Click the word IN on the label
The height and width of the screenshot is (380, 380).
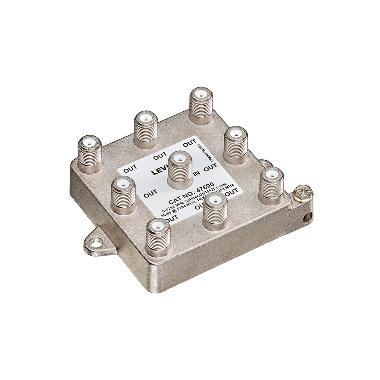click(197, 174)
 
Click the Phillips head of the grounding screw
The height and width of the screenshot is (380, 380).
click(302, 189)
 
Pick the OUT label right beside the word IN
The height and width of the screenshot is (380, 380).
click(210, 167)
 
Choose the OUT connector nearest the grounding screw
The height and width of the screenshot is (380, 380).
click(271, 185)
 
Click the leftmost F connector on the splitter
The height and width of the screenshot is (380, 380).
click(90, 154)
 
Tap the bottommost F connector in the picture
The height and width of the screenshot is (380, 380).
click(158, 236)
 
